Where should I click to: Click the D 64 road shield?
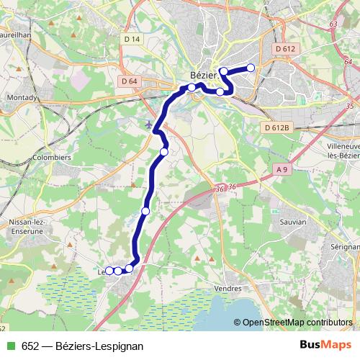(130, 81)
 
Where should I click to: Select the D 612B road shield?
(276, 127)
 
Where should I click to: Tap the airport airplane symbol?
(149, 125)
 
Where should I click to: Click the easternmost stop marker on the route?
(251, 68)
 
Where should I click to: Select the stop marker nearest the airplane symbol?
(164, 151)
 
